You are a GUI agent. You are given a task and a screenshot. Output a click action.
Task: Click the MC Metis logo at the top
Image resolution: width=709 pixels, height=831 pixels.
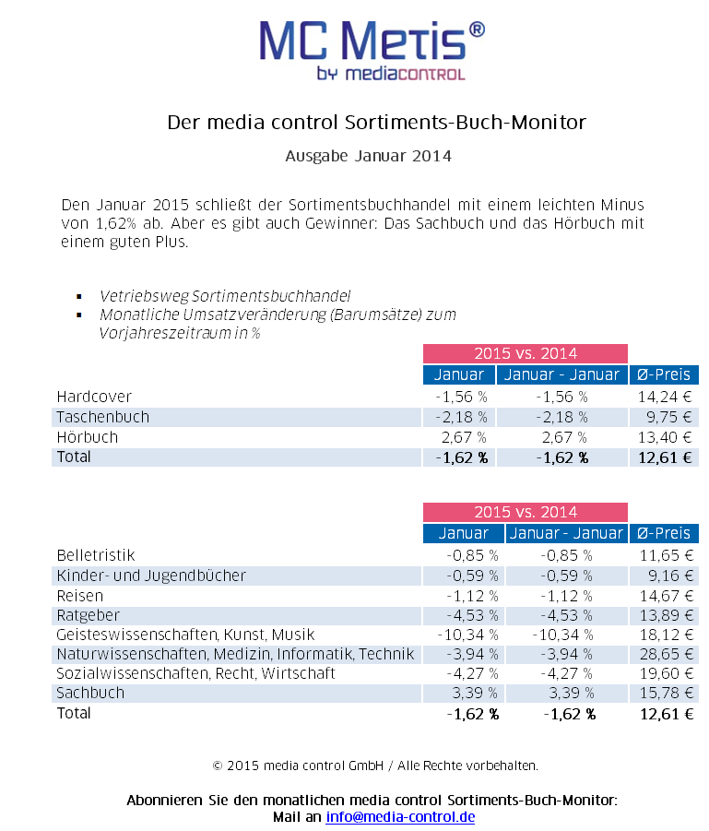(x=372, y=51)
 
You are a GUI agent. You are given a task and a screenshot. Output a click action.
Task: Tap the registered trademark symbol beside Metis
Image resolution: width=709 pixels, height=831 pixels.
(x=477, y=30)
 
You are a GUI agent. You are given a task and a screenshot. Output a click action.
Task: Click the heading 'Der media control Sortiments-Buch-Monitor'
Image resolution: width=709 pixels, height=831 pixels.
(x=377, y=123)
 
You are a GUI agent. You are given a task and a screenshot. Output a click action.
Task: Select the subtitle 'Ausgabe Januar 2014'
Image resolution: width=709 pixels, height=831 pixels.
(x=368, y=156)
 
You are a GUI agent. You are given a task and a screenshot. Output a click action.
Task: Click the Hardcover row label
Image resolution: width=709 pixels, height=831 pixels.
(x=94, y=397)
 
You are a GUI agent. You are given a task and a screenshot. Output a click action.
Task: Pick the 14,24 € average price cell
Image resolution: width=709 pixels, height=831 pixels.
(x=665, y=397)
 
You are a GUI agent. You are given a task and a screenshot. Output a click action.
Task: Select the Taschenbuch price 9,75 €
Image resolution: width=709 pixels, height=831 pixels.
(x=668, y=417)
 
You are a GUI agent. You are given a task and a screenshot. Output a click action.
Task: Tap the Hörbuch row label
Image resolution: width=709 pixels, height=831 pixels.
(x=88, y=437)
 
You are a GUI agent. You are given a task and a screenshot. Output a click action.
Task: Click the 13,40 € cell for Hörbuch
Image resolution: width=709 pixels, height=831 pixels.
(x=665, y=437)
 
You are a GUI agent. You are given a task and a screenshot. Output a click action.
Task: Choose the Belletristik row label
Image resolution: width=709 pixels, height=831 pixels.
(x=96, y=555)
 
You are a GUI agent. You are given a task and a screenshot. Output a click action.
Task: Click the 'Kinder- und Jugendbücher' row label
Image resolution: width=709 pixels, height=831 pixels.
(x=151, y=575)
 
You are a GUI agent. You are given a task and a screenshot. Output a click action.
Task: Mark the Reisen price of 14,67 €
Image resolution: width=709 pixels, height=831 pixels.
(x=666, y=596)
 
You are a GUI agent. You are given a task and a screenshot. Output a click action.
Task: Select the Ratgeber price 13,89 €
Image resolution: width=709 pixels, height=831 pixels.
(x=666, y=615)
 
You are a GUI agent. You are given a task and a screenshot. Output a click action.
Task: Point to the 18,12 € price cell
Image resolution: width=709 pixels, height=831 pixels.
(x=666, y=635)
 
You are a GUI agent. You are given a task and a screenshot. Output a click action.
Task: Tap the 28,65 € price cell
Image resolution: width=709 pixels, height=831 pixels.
(x=666, y=654)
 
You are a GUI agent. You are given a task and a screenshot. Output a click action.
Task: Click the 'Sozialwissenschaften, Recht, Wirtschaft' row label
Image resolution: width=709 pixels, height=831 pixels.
(x=196, y=673)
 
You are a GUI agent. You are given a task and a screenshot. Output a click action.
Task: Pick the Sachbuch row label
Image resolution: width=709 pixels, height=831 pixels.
(x=90, y=693)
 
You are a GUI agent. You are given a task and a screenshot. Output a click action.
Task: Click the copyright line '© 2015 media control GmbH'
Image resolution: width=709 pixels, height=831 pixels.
(x=298, y=766)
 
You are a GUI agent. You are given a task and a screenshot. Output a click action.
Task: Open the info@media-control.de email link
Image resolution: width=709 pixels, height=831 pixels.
(x=400, y=816)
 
